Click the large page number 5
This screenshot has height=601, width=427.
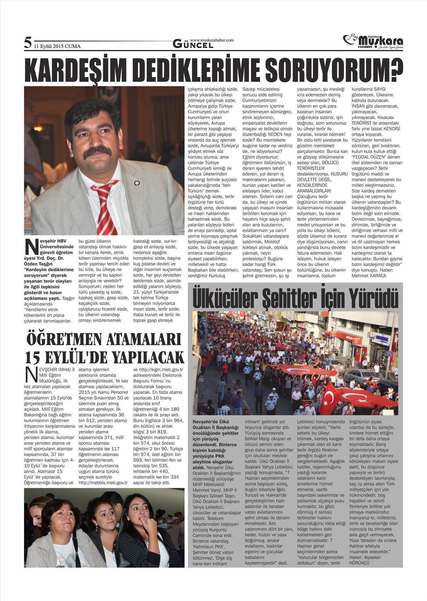28,43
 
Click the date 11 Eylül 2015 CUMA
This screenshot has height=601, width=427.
57,46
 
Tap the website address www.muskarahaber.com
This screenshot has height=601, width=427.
212,40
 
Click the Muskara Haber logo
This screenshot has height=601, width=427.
373,42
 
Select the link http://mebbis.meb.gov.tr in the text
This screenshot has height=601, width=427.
103,483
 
